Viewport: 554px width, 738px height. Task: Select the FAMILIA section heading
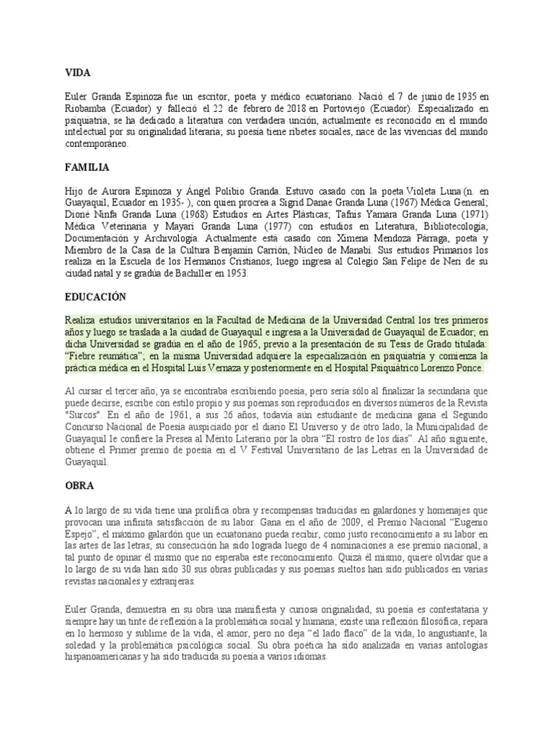[x=87, y=167]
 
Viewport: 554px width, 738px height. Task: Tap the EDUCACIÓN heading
[x=94, y=296]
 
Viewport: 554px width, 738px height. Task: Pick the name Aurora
[x=119, y=191]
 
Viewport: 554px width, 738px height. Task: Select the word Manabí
[x=354, y=249]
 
